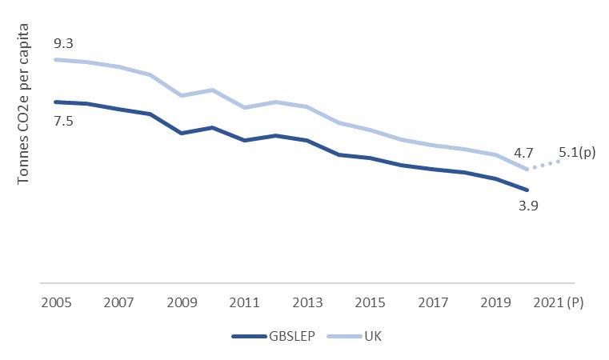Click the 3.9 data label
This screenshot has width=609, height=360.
click(527, 206)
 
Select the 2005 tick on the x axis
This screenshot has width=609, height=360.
click(55, 304)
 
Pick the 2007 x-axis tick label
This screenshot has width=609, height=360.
click(118, 304)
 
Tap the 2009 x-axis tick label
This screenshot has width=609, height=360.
click(181, 304)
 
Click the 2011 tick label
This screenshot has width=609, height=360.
click(244, 304)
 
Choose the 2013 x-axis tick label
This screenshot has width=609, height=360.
click(307, 304)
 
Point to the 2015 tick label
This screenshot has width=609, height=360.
click(370, 304)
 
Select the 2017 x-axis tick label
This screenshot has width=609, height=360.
click(433, 304)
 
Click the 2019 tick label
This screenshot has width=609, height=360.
click(495, 304)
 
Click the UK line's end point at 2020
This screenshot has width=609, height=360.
click(527, 169)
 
